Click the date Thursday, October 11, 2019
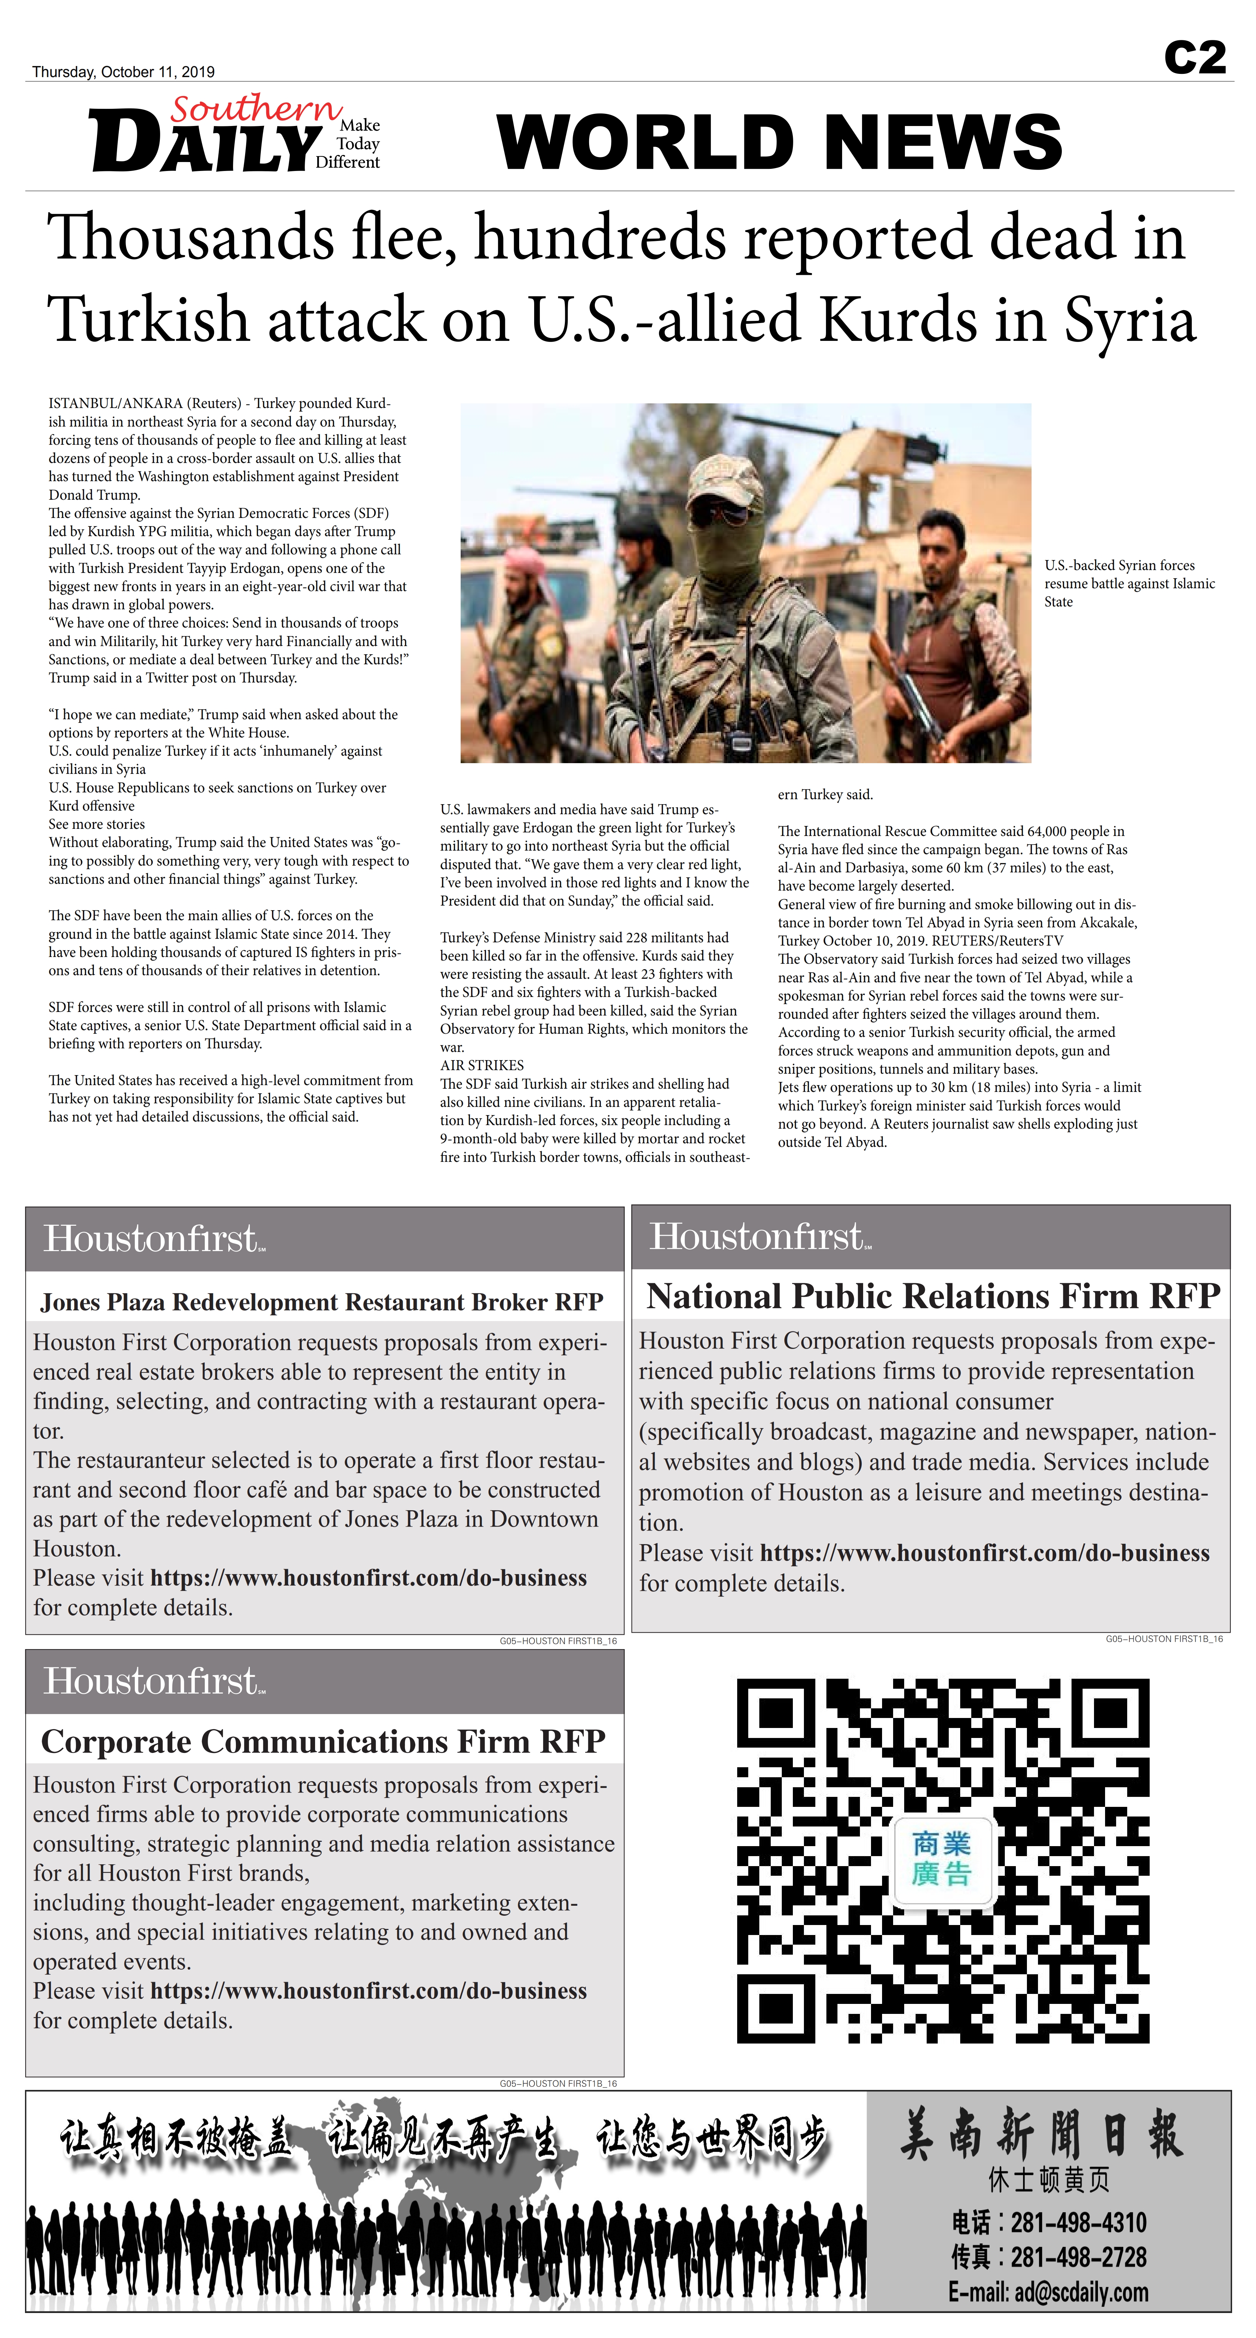(x=123, y=72)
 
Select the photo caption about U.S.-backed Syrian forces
(x=1129, y=584)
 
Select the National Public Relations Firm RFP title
(x=932, y=1296)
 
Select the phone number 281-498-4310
(x=1078, y=2223)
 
